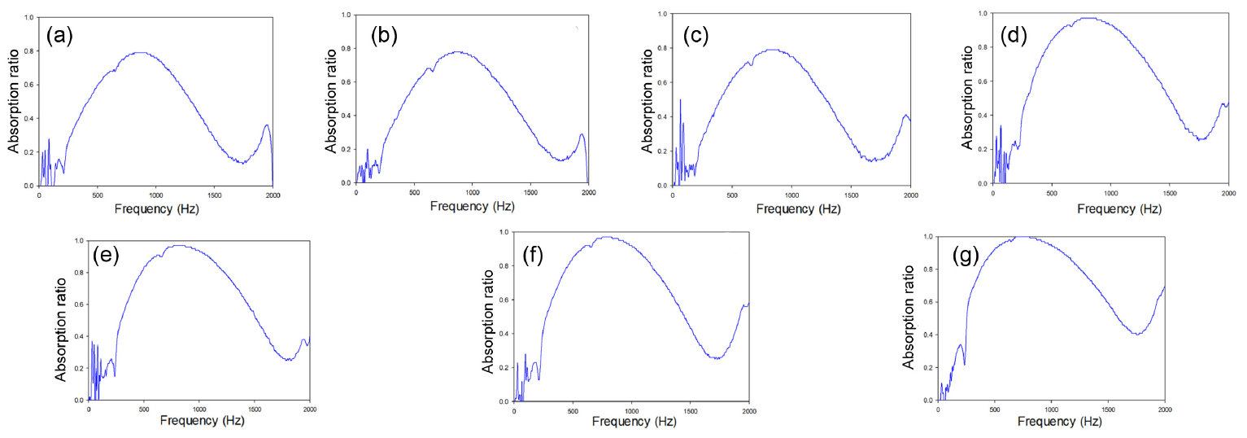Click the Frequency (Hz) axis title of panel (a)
155,209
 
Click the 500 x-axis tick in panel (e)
144,410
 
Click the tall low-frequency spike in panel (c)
680,100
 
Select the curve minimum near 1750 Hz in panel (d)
1201,140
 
